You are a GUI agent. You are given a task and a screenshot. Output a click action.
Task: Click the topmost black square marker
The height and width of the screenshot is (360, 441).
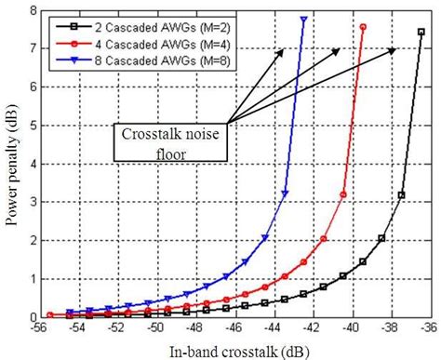click(x=421, y=32)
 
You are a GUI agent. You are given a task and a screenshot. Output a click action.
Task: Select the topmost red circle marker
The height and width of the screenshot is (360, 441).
click(x=363, y=27)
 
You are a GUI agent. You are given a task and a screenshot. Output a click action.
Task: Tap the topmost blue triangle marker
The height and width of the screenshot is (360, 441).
click(x=304, y=19)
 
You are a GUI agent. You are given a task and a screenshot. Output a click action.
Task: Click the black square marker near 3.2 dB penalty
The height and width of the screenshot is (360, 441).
click(x=402, y=194)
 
